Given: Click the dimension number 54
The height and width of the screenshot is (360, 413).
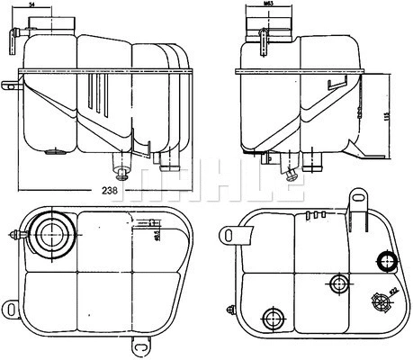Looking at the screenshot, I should [x=58, y=6].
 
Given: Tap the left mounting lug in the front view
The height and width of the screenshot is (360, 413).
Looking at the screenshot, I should [x=10, y=87].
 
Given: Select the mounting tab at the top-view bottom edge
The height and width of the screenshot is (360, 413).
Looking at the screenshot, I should [x=141, y=344].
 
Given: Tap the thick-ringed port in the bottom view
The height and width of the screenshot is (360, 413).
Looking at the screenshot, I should [x=389, y=263].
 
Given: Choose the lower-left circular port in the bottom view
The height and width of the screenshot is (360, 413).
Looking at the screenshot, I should [x=270, y=318].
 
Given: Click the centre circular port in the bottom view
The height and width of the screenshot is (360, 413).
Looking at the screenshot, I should [x=339, y=284].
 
